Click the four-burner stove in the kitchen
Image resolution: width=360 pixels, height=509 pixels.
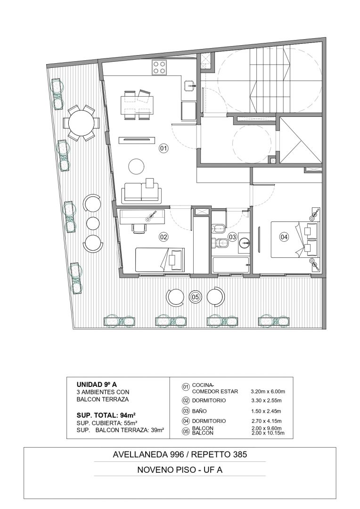tap(159, 67)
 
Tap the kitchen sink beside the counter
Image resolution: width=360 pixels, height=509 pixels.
tap(189, 85)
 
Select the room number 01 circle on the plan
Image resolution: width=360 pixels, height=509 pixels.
tap(164, 148)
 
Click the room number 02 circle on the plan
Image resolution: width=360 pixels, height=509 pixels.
tap(164, 237)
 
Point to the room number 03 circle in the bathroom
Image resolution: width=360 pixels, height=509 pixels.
tap(232, 237)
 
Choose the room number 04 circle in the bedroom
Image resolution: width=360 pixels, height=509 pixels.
tap(284, 237)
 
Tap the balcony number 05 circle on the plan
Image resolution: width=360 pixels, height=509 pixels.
tap(195, 296)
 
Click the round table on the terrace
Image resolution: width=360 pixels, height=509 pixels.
tap(82, 123)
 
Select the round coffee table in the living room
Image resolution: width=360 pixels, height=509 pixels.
tap(136, 166)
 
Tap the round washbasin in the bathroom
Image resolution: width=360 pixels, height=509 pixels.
tap(245, 243)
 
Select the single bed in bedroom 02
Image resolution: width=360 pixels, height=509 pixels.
tap(160, 260)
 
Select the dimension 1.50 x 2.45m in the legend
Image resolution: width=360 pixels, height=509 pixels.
tap(266, 411)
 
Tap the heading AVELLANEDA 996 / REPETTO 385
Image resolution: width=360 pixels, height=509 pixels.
tap(180, 454)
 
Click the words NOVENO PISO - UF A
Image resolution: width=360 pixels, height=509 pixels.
tap(180, 469)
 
